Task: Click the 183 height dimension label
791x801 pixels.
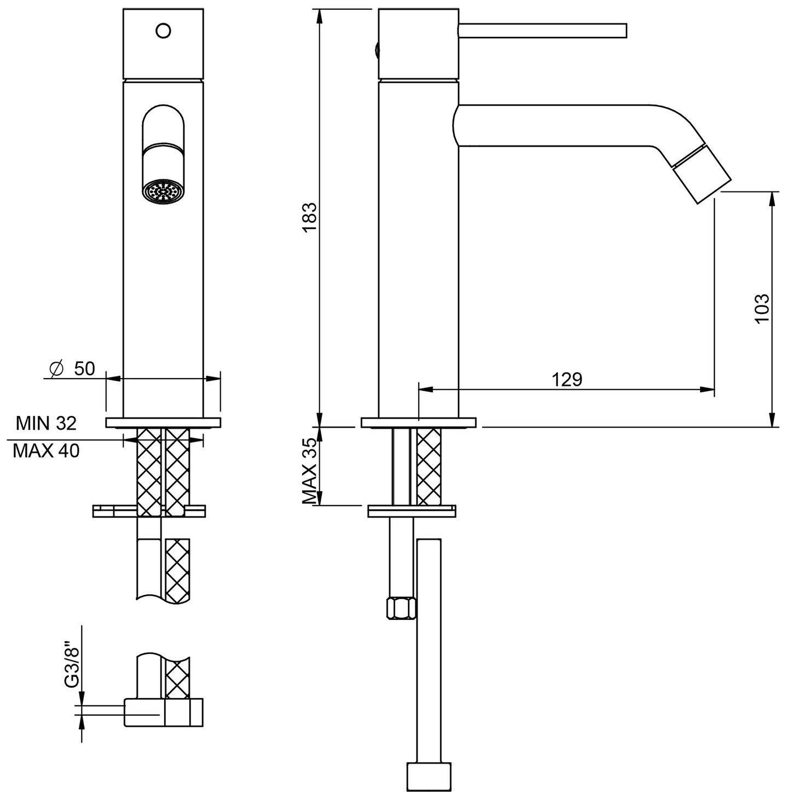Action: (x=309, y=217)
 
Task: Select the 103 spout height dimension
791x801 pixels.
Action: (x=761, y=309)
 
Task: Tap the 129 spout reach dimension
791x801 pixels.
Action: (x=567, y=379)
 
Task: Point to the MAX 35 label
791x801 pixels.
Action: (x=310, y=470)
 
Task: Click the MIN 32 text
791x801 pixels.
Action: (x=46, y=423)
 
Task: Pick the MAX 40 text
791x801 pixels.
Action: (x=46, y=451)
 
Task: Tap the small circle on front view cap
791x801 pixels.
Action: (x=163, y=30)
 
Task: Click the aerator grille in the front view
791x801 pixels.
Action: (x=163, y=193)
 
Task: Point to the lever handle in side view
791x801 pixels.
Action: (x=542, y=31)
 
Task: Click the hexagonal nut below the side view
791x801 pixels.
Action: (x=402, y=608)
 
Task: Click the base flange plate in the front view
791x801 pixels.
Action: (x=163, y=422)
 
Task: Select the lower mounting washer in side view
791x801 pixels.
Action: (x=411, y=511)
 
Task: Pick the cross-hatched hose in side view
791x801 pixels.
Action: (x=429, y=466)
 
